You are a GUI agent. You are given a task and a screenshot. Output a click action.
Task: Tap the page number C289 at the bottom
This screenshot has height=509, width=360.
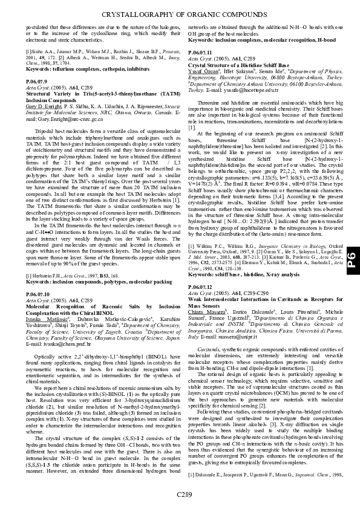184,496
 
